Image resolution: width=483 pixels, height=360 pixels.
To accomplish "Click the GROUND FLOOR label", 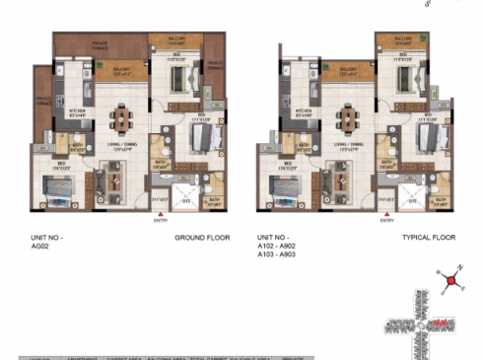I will (x=201, y=239).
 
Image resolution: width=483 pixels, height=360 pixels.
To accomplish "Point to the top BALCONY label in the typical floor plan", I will (x=401, y=41).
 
